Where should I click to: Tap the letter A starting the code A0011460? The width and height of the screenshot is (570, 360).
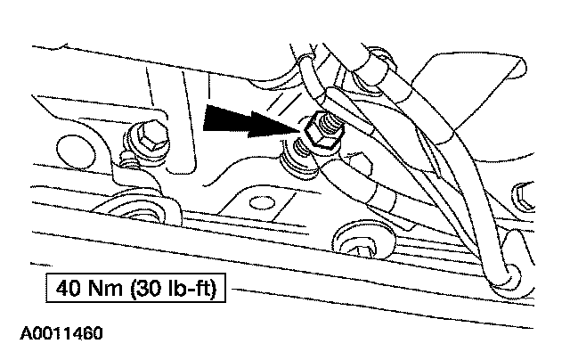18,335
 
